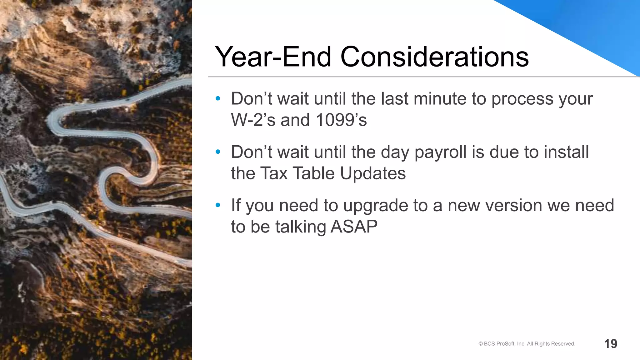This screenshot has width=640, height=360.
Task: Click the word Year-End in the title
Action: (x=273, y=57)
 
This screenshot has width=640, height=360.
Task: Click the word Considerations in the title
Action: (x=434, y=57)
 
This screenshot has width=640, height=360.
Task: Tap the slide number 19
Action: (x=610, y=344)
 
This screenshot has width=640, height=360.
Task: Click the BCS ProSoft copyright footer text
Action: (x=527, y=344)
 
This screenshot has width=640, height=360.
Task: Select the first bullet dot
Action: (x=218, y=99)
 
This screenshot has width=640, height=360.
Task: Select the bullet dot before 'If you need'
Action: (x=218, y=205)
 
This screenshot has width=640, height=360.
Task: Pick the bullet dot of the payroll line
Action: (x=218, y=152)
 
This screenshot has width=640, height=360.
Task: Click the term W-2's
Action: (x=253, y=120)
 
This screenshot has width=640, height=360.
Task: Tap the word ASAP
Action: (x=354, y=227)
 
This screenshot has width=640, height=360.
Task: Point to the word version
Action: (x=513, y=206)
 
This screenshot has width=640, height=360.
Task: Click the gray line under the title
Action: (x=406, y=77)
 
